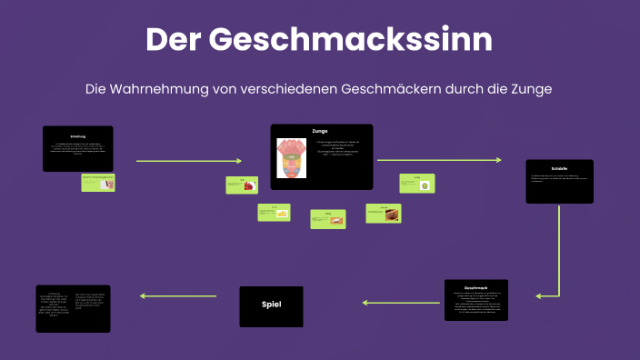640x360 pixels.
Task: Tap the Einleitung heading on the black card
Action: [x=77, y=136]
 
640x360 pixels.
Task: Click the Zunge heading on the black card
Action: [x=319, y=132]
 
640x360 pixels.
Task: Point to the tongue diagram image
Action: [x=294, y=157]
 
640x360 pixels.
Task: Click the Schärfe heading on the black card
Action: [x=559, y=169]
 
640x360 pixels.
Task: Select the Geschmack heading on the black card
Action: [x=476, y=287]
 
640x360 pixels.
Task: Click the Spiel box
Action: [x=271, y=306]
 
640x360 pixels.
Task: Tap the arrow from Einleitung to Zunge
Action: [x=188, y=160]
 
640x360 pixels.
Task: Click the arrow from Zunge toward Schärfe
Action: [x=438, y=160]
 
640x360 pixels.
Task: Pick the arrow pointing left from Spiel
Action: [x=177, y=295]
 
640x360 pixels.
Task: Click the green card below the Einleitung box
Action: [x=97, y=182]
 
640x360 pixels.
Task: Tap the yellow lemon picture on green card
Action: [x=283, y=213]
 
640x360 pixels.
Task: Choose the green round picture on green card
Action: [x=424, y=185]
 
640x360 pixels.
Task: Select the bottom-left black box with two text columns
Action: [x=73, y=307]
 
